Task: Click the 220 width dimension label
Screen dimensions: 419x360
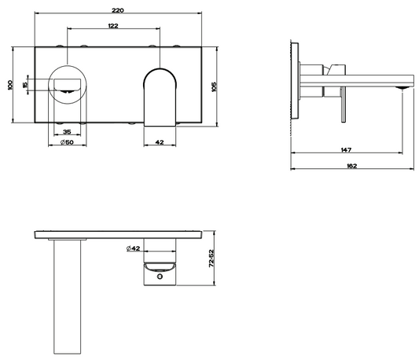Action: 118,10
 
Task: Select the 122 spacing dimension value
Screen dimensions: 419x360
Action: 113,26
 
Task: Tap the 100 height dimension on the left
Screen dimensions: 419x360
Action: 10,85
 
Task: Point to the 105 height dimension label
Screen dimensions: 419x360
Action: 214,87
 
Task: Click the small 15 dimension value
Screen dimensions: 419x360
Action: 25,85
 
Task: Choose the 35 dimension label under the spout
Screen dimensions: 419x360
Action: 67,132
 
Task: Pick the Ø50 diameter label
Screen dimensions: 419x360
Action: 67,142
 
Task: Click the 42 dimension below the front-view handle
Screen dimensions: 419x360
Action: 160,142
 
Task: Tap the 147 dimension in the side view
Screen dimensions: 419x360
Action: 346,150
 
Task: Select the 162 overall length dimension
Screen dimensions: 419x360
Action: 351,166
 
